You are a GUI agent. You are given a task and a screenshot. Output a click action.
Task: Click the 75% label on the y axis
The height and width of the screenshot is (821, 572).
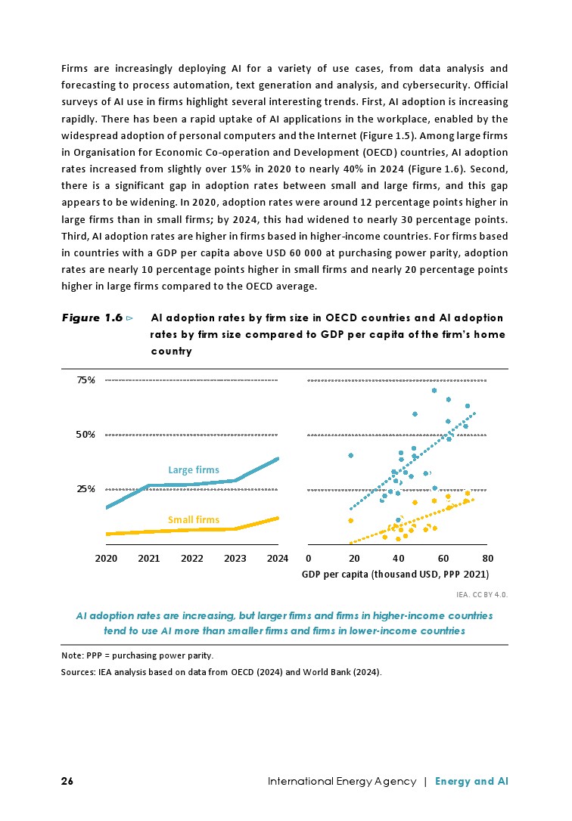coord(85,380)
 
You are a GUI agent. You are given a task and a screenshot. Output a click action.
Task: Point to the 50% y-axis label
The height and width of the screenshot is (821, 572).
coord(85,435)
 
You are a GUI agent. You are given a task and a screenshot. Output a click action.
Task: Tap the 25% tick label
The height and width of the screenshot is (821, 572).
coord(85,489)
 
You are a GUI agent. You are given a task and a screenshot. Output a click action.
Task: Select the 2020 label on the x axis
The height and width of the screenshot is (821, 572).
coord(106,559)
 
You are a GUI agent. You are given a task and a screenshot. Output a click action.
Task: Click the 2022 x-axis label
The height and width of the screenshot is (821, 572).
coord(192,559)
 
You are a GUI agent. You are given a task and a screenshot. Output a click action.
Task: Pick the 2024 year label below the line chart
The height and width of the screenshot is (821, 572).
coord(278,559)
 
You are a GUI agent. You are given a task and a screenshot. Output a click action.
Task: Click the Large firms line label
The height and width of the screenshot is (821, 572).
coord(193,470)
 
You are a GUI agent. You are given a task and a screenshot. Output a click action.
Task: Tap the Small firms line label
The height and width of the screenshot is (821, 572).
coord(193,520)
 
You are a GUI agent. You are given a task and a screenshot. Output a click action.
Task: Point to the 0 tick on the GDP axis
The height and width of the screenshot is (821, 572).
coord(309,559)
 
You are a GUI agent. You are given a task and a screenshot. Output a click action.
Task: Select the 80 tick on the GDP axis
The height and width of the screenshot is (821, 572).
coord(487,559)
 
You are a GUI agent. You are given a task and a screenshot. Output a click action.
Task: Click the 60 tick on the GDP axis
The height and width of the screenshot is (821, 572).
coord(443,559)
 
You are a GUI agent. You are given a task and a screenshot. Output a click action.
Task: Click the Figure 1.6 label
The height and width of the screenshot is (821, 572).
coord(92,318)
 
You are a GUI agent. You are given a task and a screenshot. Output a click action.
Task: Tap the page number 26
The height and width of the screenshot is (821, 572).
coord(67,781)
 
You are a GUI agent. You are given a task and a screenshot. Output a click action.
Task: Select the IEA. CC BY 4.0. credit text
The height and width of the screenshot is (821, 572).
coord(482,594)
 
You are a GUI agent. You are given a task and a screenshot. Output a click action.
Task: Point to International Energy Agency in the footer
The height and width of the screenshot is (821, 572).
coord(342,781)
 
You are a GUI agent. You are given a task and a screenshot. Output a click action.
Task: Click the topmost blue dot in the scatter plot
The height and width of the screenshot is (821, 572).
coord(434,391)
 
